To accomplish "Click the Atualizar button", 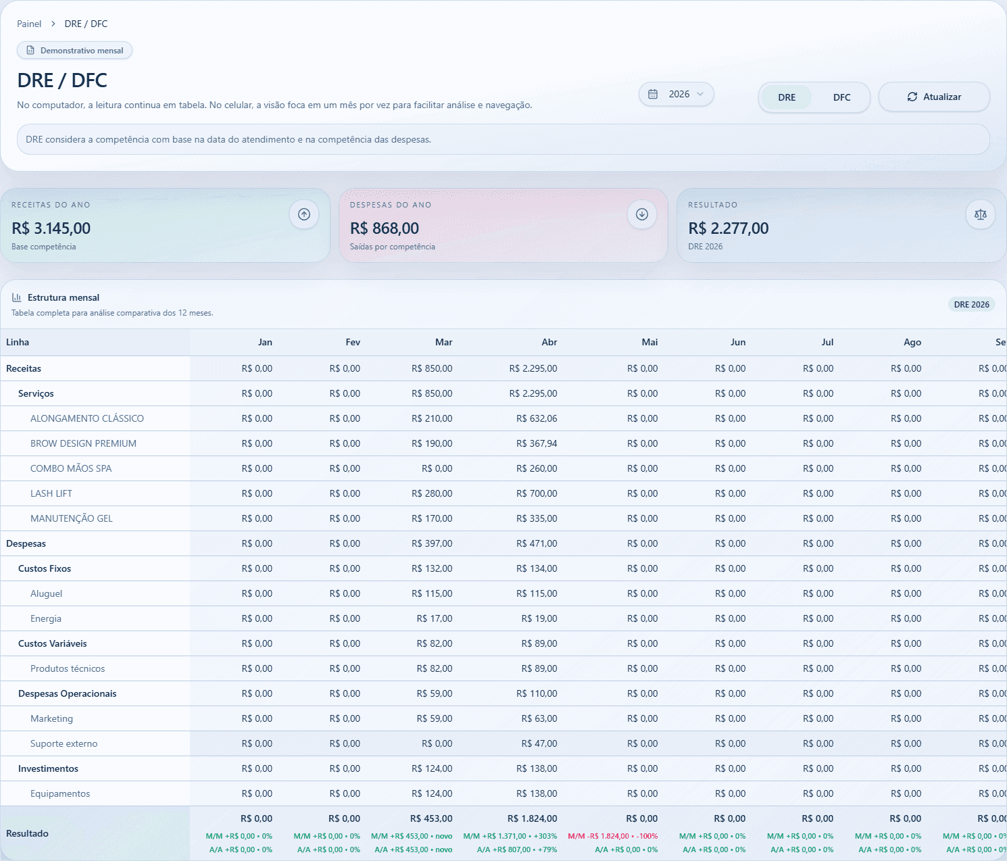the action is click(933, 97).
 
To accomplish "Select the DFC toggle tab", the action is click(841, 97).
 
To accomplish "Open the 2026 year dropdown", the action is click(677, 94).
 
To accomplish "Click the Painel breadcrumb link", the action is click(29, 24).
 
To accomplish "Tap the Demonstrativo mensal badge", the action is click(74, 51).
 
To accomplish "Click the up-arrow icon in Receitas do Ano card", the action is click(304, 214).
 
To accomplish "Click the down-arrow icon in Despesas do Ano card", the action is click(641, 214).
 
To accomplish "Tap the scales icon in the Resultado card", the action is click(980, 214).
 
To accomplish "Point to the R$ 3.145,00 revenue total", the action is click(51, 228).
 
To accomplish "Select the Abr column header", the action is click(549, 342).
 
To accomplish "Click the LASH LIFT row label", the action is click(51, 493).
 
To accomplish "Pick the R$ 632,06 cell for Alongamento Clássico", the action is click(537, 418).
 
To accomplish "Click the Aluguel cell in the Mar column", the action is click(432, 593).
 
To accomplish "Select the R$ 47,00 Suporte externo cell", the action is click(539, 743).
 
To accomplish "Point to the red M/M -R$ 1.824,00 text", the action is click(613, 836).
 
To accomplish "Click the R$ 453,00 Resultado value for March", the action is click(431, 818).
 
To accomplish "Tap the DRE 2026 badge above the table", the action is click(971, 305).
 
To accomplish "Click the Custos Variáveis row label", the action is click(53, 643).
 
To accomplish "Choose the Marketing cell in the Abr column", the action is click(539, 718).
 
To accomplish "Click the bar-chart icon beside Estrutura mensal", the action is click(17, 297).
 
